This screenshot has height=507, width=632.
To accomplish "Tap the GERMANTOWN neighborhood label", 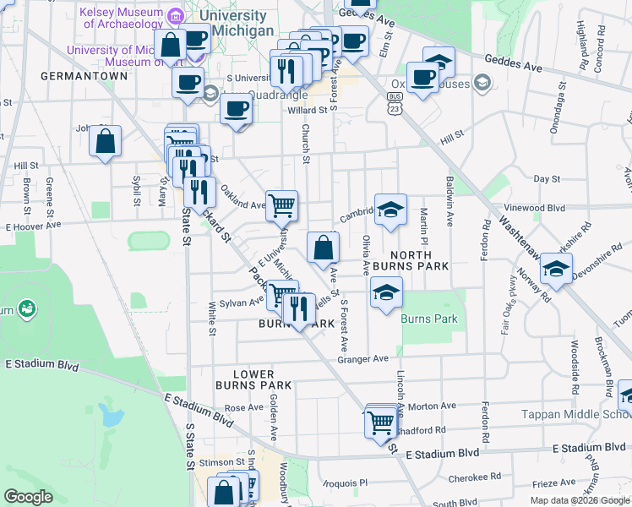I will point(84,76).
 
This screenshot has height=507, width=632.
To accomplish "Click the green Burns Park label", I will point(429,319).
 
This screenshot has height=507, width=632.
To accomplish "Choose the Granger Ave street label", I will point(362,358).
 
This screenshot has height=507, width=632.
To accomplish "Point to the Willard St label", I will point(307,111).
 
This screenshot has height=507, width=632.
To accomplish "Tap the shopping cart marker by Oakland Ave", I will point(282,204).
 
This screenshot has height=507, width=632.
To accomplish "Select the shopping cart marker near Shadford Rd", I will point(381,420).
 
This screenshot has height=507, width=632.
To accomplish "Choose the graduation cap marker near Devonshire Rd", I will point(556,269).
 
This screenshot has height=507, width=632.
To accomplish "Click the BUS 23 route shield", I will point(395,103).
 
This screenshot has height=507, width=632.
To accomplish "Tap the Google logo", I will point(29,497).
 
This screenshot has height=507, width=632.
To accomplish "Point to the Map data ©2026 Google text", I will point(579,500).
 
